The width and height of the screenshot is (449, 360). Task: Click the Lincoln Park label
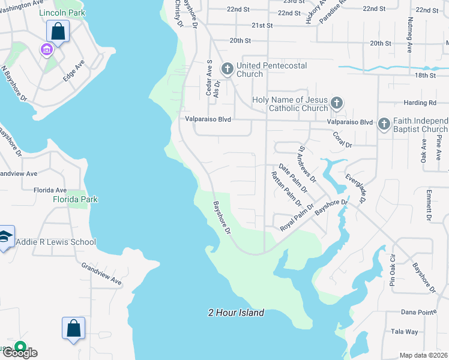[x=62, y=13]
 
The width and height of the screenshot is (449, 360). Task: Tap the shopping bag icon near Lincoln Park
[x=58, y=31]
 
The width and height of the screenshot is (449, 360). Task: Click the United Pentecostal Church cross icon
[x=227, y=69]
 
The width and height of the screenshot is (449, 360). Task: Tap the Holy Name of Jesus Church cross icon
[x=336, y=103]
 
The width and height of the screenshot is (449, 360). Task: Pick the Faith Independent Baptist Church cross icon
[x=384, y=124]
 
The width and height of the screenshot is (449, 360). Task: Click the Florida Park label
[x=75, y=199]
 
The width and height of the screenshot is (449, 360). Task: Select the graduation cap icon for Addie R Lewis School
[x=5, y=238]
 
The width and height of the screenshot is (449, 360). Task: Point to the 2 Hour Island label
[x=236, y=313]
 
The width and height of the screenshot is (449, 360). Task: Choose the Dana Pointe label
[x=417, y=313]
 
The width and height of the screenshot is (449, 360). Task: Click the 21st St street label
[x=262, y=25]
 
